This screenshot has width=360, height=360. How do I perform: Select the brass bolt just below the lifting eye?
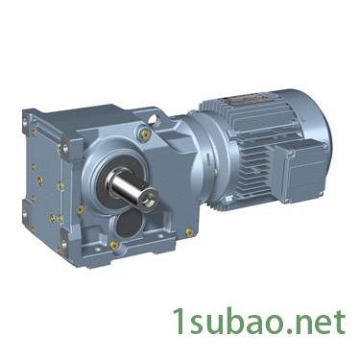coord(146,134)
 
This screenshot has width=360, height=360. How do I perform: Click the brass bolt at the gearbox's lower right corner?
coord(189,231)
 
